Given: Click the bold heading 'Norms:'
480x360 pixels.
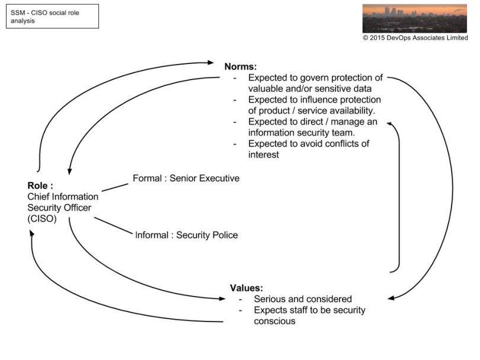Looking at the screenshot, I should pyautogui.click(x=240, y=67).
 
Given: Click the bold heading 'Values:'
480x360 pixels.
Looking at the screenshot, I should pyautogui.click(x=246, y=288).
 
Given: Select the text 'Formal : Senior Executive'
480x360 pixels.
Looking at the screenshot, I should pyautogui.click(x=185, y=177).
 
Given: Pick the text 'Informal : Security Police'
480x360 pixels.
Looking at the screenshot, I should pyautogui.click(x=186, y=235).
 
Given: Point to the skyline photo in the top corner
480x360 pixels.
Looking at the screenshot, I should pyautogui.click(x=414, y=18).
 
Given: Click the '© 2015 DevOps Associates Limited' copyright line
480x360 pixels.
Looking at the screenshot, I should pyautogui.click(x=415, y=38).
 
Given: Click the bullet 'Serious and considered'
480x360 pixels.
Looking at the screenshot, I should pyautogui.click(x=302, y=299).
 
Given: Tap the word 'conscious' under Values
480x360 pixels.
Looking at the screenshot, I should pyautogui.click(x=274, y=321).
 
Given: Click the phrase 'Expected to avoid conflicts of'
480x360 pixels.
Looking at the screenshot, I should pyautogui.click(x=313, y=144).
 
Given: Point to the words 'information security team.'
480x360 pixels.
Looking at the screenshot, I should pyautogui.click(x=299, y=132).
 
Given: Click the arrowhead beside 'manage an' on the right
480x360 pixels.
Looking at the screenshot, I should pyautogui.click(x=391, y=122).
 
